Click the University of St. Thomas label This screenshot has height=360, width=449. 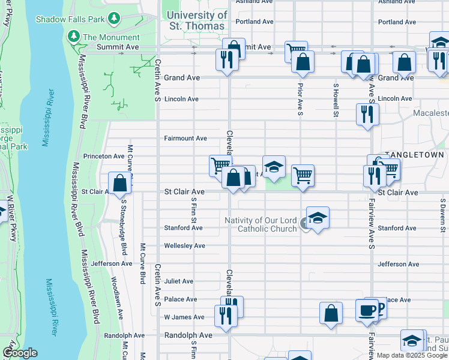pyautogui.click(x=197, y=20)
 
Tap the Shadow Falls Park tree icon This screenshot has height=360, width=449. pyautogui.click(x=114, y=19)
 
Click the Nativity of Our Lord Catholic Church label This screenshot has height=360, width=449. pyautogui.click(x=261, y=224)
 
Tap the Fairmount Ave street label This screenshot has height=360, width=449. pyautogui.click(x=185, y=139)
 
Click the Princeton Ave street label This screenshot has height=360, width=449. pyautogui.click(x=103, y=156)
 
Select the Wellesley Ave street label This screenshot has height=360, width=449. pyautogui.click(x=185, y=246)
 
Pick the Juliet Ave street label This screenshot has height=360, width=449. pyautogui.click(x=179, y=281)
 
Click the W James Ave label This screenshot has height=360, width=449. pyautogui.click(x=184, y=317)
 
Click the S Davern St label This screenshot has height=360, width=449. pyautogui.click(x=442, y=214)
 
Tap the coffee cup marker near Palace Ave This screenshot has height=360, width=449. pyautogui.click(x=367, y=310)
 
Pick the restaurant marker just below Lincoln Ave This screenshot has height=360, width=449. pyautogui.click(x=367, y=113)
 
